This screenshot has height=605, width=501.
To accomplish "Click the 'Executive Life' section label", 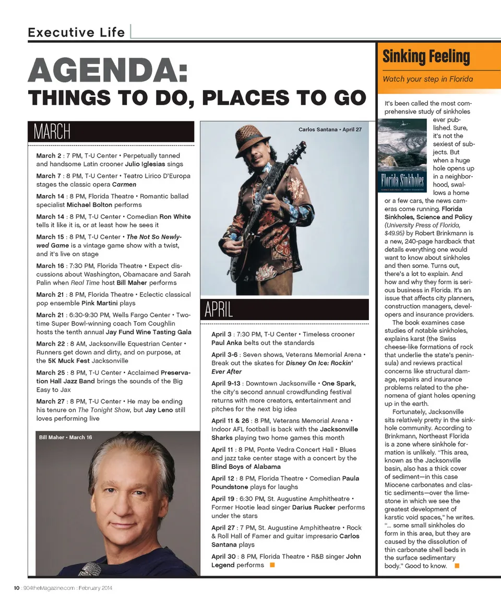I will [x=76, y=32].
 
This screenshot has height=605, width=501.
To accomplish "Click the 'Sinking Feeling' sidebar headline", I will [x=426, y=56].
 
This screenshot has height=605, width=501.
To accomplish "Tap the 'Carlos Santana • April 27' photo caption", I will [x=329, y=129].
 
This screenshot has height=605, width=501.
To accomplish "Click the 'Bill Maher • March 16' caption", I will [x=65, y=437].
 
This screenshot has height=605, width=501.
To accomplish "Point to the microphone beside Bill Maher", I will [x=90, y=568].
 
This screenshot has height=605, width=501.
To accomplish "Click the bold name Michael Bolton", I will [x=89, y=204].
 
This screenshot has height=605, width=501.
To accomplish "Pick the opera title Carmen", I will [x=124, y=184].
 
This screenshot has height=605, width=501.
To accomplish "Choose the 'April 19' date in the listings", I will [x=222, y=499].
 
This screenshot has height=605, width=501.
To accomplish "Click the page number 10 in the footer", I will [x=17, y=588].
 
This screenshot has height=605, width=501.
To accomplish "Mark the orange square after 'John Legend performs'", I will [x=271, y=565].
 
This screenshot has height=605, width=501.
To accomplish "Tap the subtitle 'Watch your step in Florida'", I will [x=427, y=79].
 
